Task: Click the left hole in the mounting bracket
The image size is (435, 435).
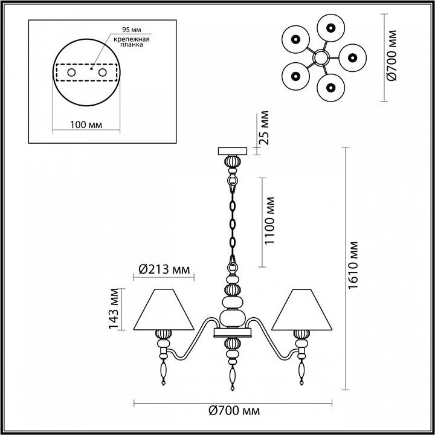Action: pyautogui.click(x=72, y=72)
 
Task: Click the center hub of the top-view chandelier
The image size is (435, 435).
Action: pyautogui.click(x=320, y=58)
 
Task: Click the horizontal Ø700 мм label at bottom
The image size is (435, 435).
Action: pyautogui.click(x=233, y=411)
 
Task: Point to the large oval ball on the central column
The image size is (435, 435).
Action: pyautogui.click(x=232, y=317)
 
